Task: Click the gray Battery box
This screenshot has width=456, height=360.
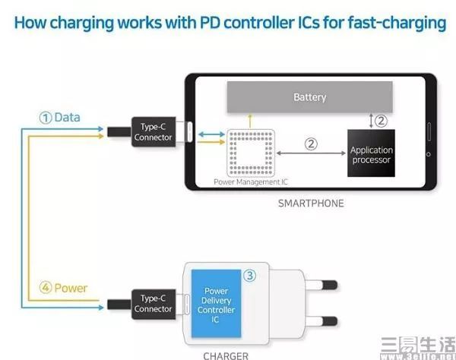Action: (x=309, y=97)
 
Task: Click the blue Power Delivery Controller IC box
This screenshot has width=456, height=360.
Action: (x=216, y=305)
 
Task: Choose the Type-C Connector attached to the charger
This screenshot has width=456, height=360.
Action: (x=154, y=304)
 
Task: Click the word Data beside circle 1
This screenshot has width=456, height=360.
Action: (x=68, y=118)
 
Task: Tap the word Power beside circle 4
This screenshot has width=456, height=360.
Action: (x=71, y=289)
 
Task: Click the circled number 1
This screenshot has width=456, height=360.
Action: (x=46, y=118)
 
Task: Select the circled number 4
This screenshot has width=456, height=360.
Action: (x=46, y=289)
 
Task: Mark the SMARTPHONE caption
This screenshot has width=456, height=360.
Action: (x=310, y=203)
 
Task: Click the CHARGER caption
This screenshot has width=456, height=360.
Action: (x=225, y=354)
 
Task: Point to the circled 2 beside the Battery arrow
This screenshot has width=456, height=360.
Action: (x=382, y=120)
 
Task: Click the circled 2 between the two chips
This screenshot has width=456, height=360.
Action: (x=310, y=143)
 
